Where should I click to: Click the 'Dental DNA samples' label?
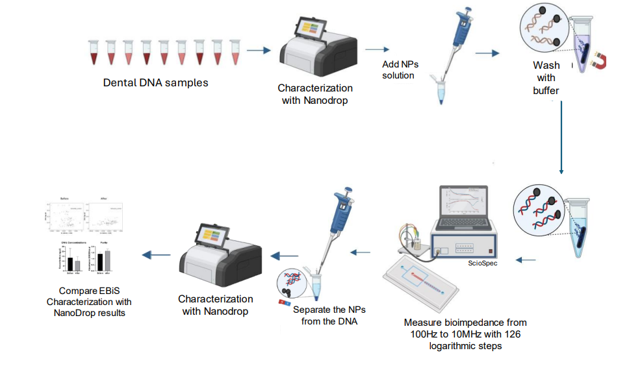pyautogui.click(x=155, y=83)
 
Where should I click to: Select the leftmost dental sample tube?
pyautogui.click(x=93, y=53)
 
